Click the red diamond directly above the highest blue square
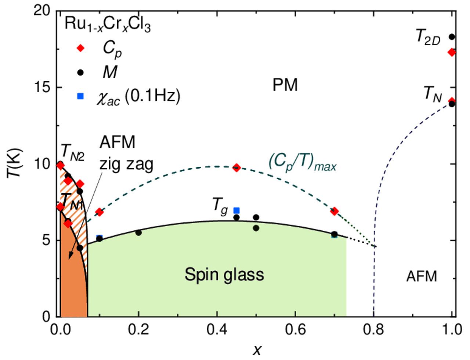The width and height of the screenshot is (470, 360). (80, 48)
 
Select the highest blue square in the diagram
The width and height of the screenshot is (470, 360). (80, 96)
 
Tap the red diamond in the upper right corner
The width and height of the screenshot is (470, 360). (451, 52)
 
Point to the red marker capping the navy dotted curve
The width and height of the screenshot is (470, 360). (451, 100)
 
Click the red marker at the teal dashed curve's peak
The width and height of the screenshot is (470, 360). (236, 168)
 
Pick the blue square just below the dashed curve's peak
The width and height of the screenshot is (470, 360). (236, 210)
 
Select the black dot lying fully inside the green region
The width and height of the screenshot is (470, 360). (256, 228)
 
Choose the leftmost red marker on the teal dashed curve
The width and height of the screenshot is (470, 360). (99, 212)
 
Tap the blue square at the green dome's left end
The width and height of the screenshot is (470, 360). (99, 237)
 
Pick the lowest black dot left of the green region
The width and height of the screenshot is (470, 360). (80, 248)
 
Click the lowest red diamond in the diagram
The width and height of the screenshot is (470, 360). (68, 223)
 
